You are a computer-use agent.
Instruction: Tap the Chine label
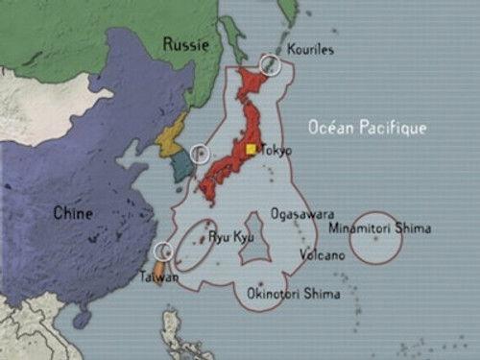[73, 213]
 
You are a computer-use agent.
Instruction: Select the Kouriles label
[311, 49]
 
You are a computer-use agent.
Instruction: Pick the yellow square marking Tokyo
[252, 149]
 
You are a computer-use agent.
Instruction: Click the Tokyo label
[275, 151]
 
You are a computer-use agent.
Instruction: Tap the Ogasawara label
[302, 213]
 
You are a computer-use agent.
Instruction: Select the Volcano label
[321, 255]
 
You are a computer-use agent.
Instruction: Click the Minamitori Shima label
[379, 228]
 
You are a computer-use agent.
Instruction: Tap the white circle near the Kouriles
[271, 64]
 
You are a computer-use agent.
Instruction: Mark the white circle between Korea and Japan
[201, 153]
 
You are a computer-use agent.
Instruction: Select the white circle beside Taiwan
[164, 251]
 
